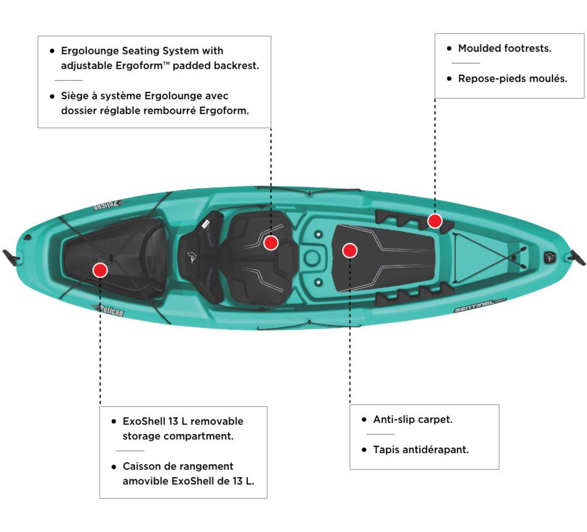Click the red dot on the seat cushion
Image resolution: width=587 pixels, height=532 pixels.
click(x=271, y=243)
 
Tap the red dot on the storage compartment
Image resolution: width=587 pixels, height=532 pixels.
click(x=100, y=270)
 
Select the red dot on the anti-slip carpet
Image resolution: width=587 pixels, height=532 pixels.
click(x=350, y=251)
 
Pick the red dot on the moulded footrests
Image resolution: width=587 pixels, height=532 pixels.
click(x=435, y=221)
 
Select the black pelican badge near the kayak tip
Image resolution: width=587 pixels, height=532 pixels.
click(x=549, y=257)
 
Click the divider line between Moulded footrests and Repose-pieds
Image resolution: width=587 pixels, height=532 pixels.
click(x=465, y=63)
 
